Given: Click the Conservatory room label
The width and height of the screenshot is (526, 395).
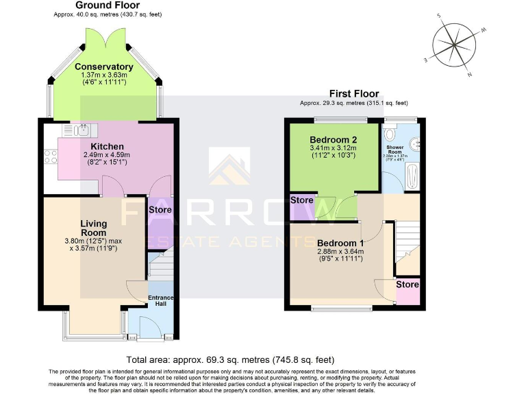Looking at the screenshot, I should tap(104, 67).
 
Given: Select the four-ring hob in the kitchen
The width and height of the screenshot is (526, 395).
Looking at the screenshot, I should tap(50, 156).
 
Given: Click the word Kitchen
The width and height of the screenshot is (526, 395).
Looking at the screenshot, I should tap(108, 146).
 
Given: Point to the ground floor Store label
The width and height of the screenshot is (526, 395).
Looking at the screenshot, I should tap(160, 209).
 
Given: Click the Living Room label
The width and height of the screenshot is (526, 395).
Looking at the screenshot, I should tap(94, 228).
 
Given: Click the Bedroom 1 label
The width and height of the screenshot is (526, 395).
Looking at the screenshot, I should tap(340, 243).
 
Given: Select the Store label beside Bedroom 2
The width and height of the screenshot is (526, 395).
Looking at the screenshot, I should tap(302, 200).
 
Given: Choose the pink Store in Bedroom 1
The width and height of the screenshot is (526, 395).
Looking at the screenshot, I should tap(408, 291).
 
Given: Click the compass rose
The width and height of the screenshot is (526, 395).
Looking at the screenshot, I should tap(454, 44).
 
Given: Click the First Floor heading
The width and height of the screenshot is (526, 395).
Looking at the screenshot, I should tap(353, 94).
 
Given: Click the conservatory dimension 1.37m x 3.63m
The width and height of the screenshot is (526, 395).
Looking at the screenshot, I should tap(104, 75).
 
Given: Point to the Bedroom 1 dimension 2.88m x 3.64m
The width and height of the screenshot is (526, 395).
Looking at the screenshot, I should tap(340, 252).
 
